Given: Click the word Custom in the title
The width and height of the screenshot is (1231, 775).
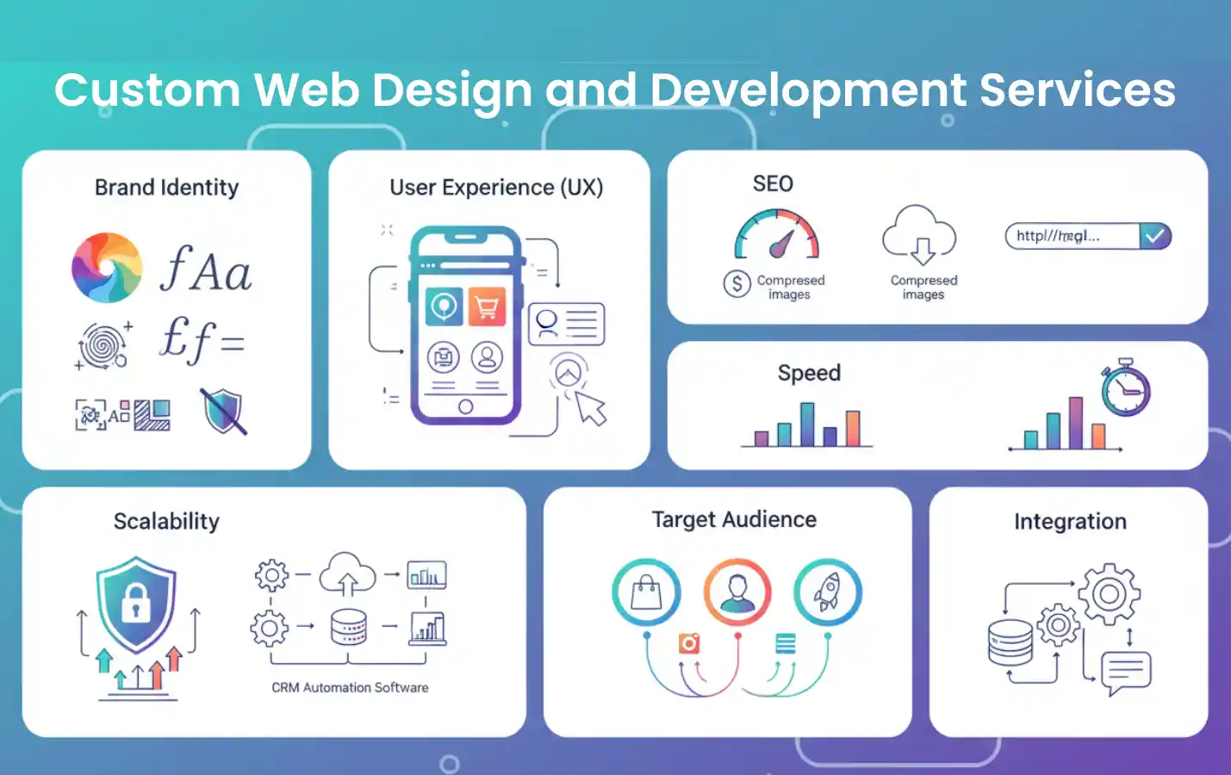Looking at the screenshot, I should pyautogui.click(x=147, y=90).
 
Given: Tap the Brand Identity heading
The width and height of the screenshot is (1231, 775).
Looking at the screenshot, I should pyautogui.click(x=166, y=188).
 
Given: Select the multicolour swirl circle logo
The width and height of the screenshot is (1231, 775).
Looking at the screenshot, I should pyautogui.click(x=107, y=268).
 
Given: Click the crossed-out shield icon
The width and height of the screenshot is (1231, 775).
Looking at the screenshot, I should pyautogui.click(x=224, y=411).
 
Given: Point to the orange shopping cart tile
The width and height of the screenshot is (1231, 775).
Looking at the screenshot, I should pyautogui.click(x=487, y=307).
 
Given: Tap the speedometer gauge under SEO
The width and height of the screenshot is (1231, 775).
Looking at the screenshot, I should pyautogui.click(x=777, y=235).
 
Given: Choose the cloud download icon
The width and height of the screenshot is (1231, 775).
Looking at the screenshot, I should pyautogui.click(x=920, y=234).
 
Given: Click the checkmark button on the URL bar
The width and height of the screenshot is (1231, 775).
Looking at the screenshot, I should pyautogui.click(x=1155, y=236).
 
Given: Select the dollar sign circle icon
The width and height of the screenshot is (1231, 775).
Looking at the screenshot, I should pyautogui.click(x=737, y=283).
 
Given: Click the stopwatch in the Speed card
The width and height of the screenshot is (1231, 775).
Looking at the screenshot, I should pyautogui.click(x=1125, y=389).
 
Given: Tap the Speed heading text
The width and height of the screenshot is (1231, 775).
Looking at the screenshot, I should pyautogui.click(x=809, y=373).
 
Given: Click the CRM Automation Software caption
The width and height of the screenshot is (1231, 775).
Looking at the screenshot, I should pyautogui.click(x=350, y=687).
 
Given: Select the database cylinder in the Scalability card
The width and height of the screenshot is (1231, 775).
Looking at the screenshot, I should pyautogui.click(x=349, y=627).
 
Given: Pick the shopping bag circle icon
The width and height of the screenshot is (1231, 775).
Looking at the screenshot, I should pyautogui.click(x=646, y=592).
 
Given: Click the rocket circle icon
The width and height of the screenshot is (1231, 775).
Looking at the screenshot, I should pyautogui.click(x=827, y=592).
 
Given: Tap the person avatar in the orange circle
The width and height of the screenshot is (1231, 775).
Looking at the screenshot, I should pyautogui.click(x=737, y=592).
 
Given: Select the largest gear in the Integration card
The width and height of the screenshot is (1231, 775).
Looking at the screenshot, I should pyautogui.click(x=1110, y=594).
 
